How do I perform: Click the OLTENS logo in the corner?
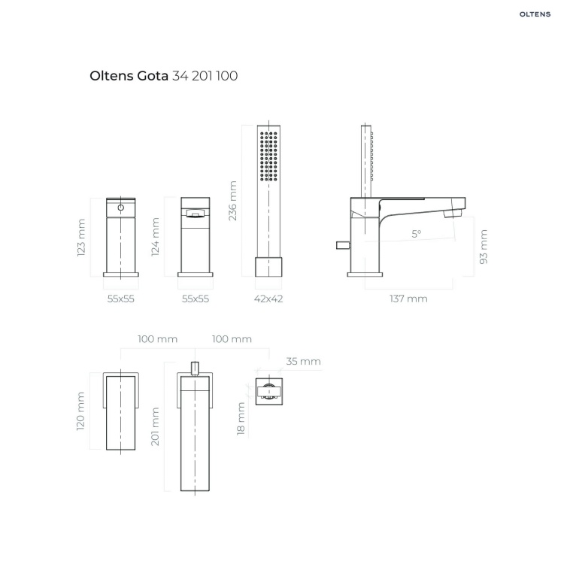(x=535, y=14)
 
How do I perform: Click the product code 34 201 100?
(x=205, y=76)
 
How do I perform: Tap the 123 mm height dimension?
(x=81, y=238)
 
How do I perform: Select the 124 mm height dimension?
(x=155, y=237)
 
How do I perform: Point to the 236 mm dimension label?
(x=232, y=201)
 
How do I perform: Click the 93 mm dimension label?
(x=484, y=247)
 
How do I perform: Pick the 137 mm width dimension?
(x=408, y=299)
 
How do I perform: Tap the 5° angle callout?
(x=416, y=234)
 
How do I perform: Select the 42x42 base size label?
(x=268, y=299)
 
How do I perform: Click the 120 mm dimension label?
(x=80, y=411)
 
